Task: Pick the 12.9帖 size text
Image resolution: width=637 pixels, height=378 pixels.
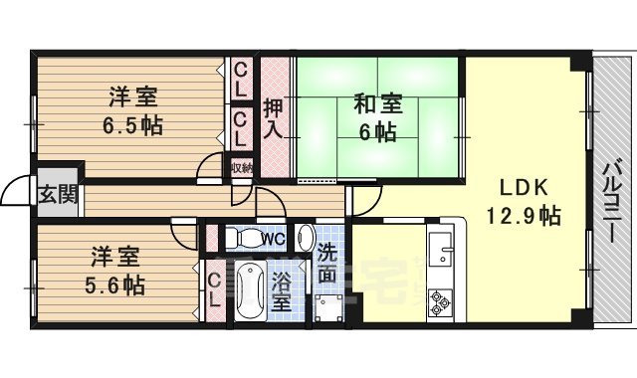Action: click(x=522, y=215)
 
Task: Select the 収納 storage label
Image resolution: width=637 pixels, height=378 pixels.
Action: click(x=241, y=168)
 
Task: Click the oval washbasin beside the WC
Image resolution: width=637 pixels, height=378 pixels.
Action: click(x=306, y=238)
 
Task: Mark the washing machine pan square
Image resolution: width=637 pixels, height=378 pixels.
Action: click(x=326, y=305)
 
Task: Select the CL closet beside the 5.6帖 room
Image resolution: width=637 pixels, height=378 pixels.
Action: click(x=214, y=288)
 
